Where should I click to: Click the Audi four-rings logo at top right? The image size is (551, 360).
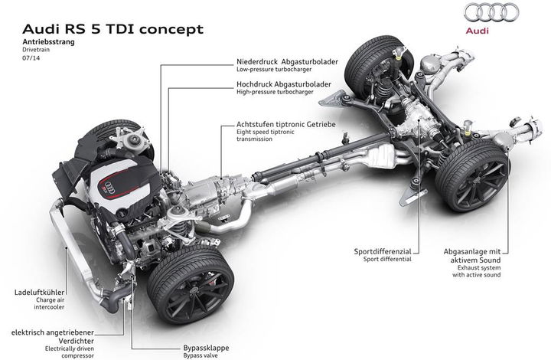(491, 12)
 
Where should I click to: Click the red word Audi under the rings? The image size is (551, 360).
(478, 31)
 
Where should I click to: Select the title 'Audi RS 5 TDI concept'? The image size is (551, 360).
(112, 29)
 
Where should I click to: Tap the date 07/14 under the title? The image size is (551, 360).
(31, 58)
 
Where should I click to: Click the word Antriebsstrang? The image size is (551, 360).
(48, 42)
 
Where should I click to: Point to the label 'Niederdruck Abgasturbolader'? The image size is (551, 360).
(287, 62)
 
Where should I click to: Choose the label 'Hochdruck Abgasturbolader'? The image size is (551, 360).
(284, 84)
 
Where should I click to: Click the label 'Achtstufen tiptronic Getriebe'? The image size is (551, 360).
(286, 124)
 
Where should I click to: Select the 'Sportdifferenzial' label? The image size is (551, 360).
(383, 251)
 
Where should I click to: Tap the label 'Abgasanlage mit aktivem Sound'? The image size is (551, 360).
(472, 256)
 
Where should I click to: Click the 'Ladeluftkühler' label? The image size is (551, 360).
(40, 292)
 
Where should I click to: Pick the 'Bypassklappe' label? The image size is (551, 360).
(206, 348)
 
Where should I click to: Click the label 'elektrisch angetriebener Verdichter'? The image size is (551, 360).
(53, 336)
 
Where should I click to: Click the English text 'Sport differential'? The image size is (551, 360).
(387, 260)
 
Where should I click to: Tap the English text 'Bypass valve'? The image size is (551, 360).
(201, 355)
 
